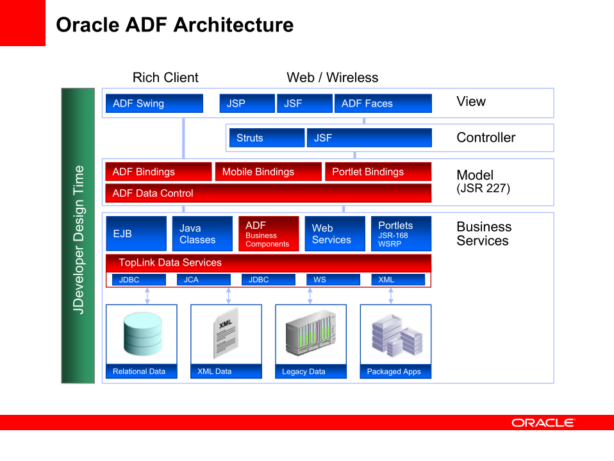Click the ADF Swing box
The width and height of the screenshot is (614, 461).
153,103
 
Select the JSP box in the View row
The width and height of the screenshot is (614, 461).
247,103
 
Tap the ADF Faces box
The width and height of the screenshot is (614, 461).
383,103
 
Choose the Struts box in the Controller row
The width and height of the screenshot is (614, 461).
267,138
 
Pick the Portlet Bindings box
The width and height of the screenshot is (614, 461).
378,172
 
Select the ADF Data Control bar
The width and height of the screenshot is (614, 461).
268,193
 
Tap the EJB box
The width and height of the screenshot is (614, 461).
136,233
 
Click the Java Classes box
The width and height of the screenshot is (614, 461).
202,233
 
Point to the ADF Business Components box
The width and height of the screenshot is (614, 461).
269,233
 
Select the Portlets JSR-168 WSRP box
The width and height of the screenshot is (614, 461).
401,233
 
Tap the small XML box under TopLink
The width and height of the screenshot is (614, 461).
397,280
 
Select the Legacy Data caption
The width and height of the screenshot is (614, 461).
304,371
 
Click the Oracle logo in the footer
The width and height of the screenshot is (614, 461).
543,423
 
